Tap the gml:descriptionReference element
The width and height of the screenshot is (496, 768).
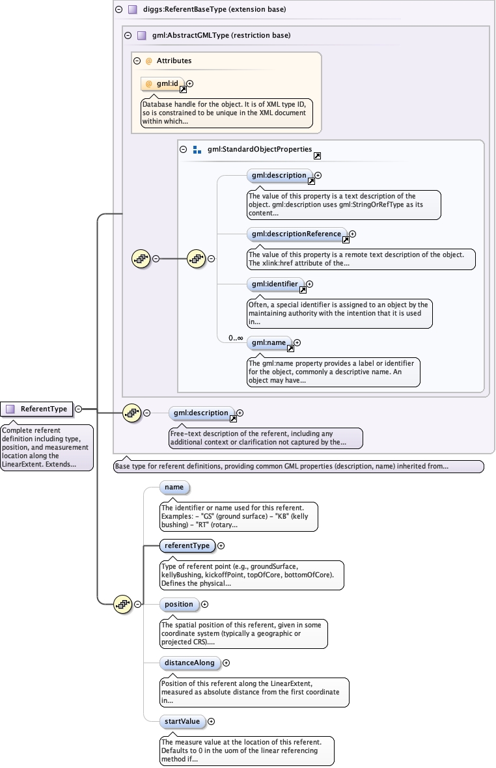click(296, 234)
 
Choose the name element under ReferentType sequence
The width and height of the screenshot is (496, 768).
click(174, 487)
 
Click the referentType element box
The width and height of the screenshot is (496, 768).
click(187, 545)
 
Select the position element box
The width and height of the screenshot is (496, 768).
click(178, 604)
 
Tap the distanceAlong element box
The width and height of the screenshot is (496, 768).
click(189, 663)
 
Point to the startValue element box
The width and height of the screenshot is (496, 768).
click(182, 721)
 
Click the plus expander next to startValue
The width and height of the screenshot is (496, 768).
click(211, 721)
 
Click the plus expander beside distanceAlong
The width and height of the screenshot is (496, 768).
click(227, 663)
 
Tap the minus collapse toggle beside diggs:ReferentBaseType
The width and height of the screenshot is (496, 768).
click(118, 10)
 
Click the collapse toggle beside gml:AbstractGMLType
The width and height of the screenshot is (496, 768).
click(128, 35)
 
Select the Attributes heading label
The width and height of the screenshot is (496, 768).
click(174, 61)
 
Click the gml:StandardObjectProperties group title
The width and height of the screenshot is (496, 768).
click(259, 149)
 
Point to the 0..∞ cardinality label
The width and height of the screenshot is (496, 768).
click(235, 338)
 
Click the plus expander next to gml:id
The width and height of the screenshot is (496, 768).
click(190, 83)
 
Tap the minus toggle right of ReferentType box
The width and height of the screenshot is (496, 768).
click(78, 409)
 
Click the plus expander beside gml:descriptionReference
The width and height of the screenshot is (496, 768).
click(353, 234)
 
